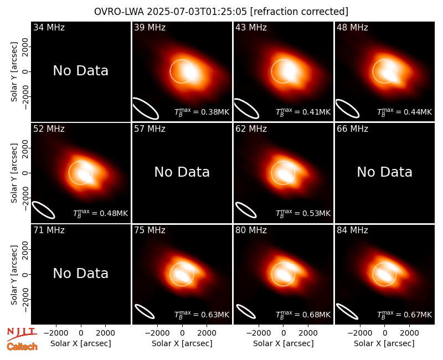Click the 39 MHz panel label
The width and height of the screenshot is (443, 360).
pos(150,27)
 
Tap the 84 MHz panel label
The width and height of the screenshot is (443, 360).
pos(352,230)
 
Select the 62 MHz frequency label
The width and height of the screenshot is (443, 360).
pos(251,129)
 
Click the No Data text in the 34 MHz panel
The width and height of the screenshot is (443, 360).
pos(81,71)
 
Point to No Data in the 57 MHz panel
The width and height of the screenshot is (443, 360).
pos(182,172)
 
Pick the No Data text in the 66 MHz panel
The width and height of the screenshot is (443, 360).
pos(385,172)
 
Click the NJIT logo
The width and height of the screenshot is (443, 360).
pos(22,334)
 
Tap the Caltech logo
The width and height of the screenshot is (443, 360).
pos(22,347)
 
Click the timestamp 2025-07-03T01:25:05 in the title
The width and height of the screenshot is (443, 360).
pos(197,12)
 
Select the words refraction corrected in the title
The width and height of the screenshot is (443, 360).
pos(299,12)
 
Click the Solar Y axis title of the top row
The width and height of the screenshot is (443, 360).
pos(14,72)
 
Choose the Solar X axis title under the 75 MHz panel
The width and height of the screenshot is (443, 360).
pos(182,343)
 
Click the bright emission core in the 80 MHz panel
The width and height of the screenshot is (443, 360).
pos(284,275)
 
